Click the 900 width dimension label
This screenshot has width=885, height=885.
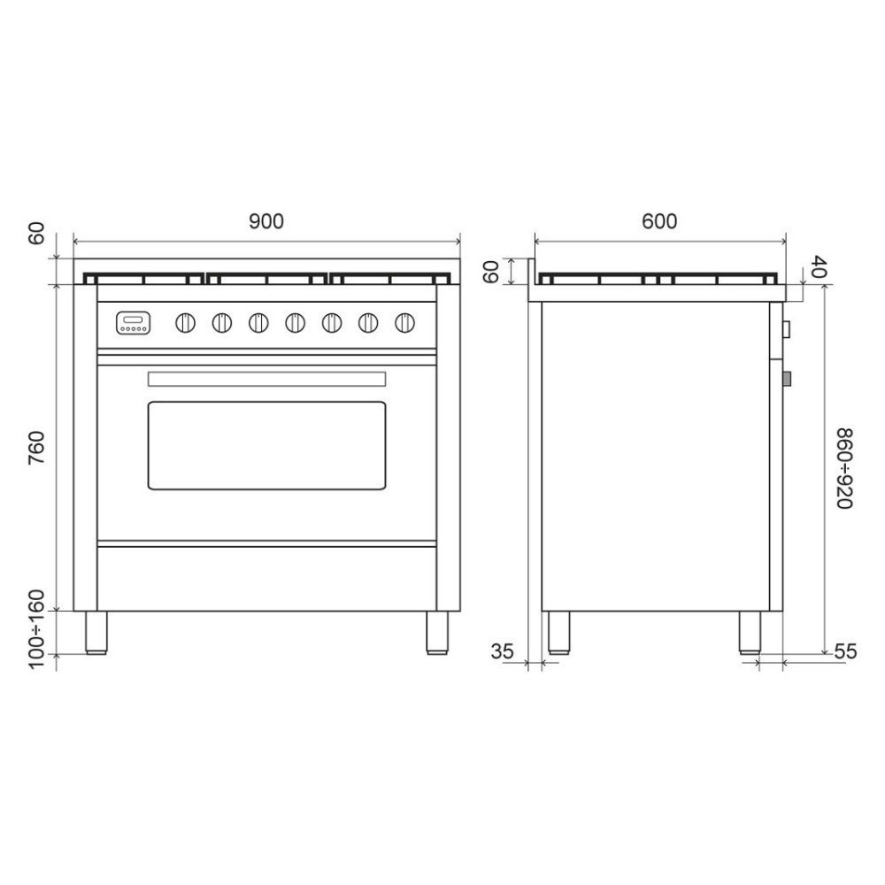pos(265,221)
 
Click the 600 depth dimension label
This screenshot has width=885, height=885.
pos(659,221)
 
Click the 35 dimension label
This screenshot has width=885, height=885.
pos(502,652)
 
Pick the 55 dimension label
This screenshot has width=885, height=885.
pos(845,652)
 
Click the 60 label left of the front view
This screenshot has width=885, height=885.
pos(36,235)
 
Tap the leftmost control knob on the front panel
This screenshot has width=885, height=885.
pos(186,323)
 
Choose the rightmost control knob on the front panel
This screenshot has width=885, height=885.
pos(405,323)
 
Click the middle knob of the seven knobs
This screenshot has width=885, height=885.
pos(296,323)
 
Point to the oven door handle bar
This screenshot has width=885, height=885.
pos(266,379)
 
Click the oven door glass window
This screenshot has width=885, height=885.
pos(266,445)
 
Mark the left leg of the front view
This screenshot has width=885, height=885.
pos(96,632)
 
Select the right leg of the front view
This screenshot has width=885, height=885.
pos(437,632)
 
